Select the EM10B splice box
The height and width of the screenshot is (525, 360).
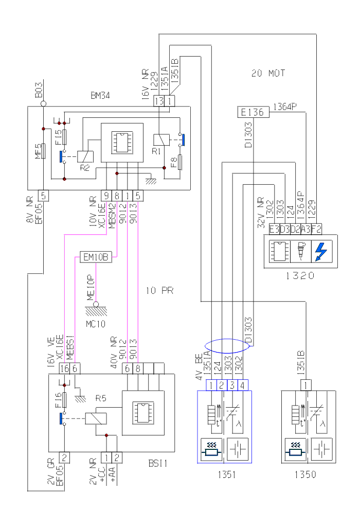[x=95, y=256]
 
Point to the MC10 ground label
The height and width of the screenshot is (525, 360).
[x=96, y=324]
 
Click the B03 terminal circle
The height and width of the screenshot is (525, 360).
[x=44, y=103]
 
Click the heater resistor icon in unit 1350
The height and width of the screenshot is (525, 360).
[x=295, y=449]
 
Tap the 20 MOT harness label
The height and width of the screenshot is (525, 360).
[x=268, y=73]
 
